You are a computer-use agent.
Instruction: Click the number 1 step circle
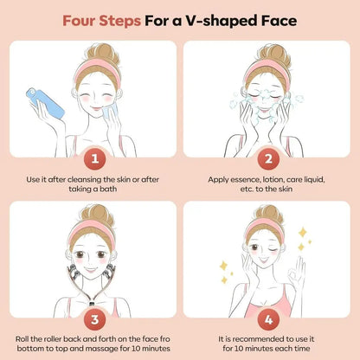95,159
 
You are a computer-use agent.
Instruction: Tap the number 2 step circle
268,159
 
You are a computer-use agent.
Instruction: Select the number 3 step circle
95,319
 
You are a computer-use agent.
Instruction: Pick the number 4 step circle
268,319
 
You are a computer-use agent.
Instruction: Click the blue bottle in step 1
45,103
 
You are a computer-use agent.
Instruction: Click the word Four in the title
80,21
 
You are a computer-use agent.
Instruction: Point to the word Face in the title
279,21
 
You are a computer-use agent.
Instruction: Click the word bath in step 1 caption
108,190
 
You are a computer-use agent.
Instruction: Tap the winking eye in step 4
273,247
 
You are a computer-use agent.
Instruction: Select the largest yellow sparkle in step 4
303,232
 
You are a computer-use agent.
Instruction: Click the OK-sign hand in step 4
297,270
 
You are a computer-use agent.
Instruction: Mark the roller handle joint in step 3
93,304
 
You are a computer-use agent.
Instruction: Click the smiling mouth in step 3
91,270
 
